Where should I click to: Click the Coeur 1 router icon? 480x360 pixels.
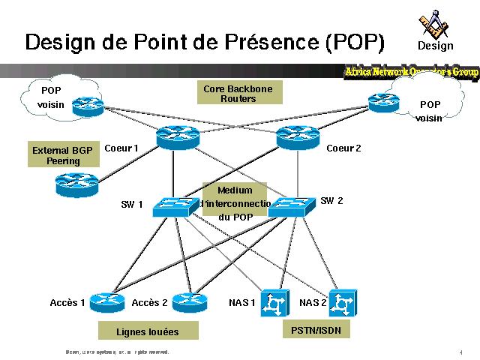(178, 137)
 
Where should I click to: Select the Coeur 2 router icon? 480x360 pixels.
(298, 137)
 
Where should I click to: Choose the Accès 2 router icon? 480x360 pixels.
(189, 302)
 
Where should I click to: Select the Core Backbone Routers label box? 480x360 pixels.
(238, 94)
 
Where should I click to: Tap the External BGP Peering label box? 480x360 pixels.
(63, 155)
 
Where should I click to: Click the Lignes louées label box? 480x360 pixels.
(148, 331)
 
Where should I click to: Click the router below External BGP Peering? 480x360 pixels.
(77, 182)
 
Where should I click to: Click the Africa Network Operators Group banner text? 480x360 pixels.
(411, 72)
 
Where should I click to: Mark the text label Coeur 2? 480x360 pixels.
(343, 148)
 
